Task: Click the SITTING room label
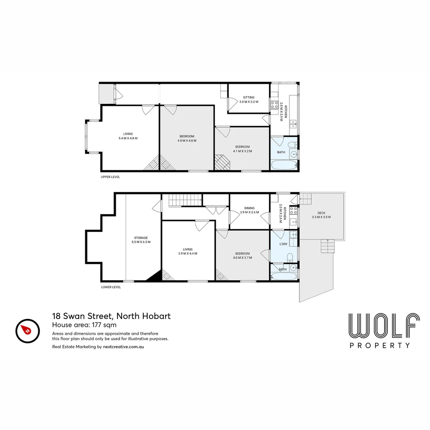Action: pyautogui.click(x=249, y=97)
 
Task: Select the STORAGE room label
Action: pyautogui.click(x=141, y=238)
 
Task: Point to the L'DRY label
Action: pyautogui.click(x=283, y=244)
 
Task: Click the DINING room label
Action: pyautogui.click(x=249, y=208)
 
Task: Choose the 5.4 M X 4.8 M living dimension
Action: pyautogui.click(x=128, y=138)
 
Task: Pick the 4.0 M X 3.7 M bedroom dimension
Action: pyautogui.click(x=242, y=258)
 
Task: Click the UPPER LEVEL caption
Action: pyautogui.click(x=110, y=177)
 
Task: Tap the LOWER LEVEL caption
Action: pyautogui.click(x=111, y=287)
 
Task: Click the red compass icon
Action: pyautogui.click(x=27, y=330)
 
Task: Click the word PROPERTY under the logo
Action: pyautogui.click(x=380, y=346)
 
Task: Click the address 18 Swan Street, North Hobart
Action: pyautogui.click(x=111, y=316)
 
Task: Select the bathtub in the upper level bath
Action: pyautogui.click(x=283, y=165)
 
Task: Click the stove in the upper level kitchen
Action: pyautogui.click(x=275, y=105)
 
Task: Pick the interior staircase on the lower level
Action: pyautogui.click(x=185, y=200)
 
